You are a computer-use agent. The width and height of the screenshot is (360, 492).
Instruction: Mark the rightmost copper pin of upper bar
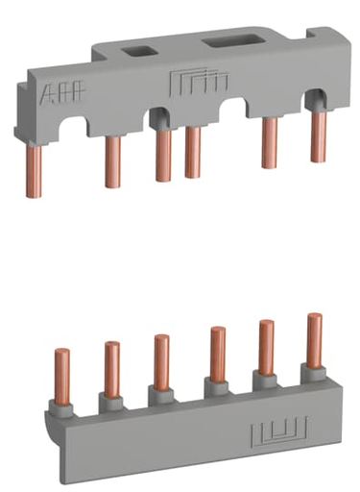tap(316, 136)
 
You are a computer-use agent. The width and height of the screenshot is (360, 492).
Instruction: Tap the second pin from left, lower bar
tap(112, 362)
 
